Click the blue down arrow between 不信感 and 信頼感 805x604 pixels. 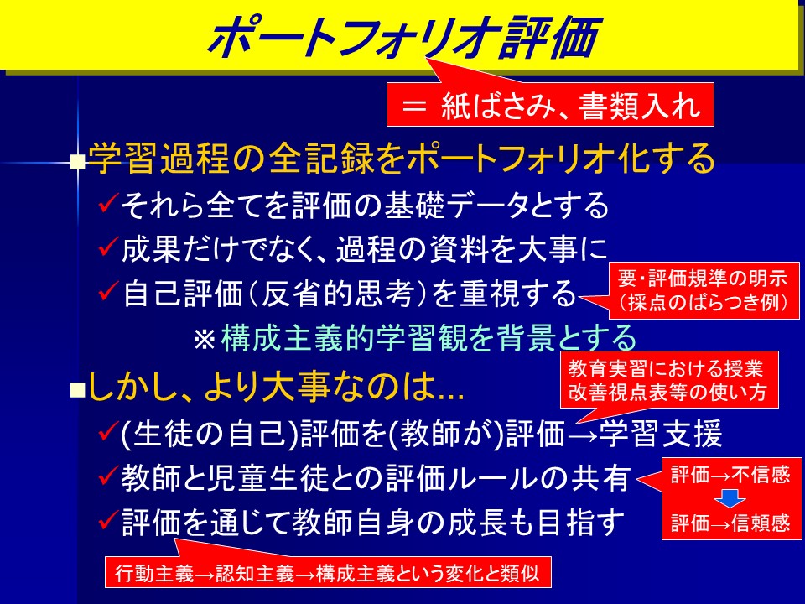pos(730,498)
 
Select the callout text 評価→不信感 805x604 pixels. pos(730,475)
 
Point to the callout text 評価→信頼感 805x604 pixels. pos(730,523)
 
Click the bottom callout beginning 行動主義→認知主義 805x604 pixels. pos(328,572)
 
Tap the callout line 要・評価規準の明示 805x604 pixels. pos(703,279)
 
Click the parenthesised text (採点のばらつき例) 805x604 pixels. pos(703,303)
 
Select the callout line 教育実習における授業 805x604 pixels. pos(665,368)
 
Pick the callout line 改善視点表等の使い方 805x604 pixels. pos(667,392)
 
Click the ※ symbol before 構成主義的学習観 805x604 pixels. pos(205,340)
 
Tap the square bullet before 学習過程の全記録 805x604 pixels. pos(77,162)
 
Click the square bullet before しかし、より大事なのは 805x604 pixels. pos(76,392)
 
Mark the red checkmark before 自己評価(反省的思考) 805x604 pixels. pos(108,291)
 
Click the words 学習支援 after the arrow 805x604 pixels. pos(662,434)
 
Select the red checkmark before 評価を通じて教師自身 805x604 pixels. pos(108,520)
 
